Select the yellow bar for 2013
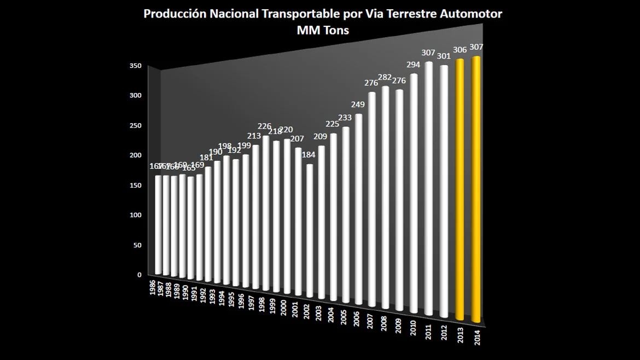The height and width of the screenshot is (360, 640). pyautogui.click(x=460, y=189)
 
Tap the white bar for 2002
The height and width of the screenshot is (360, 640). pyautogui.click(x=310, y=230)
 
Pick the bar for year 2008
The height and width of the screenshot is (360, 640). pyautogui.click(x=386, y=197)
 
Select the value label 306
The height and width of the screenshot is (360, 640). pyautogui.click(x=460, y=50)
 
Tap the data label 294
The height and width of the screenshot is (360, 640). pyautogui.click(x=414, y=65)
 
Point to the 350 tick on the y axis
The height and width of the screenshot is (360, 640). pyautogui.click(x=136, y=66)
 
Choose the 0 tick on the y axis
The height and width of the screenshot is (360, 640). pyautogui.click(x=139, y=275)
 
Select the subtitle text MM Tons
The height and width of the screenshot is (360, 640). pyautogui.click(x=322, y=31)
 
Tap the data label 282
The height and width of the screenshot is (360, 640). pyautogui.click(x=386, y=77)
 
